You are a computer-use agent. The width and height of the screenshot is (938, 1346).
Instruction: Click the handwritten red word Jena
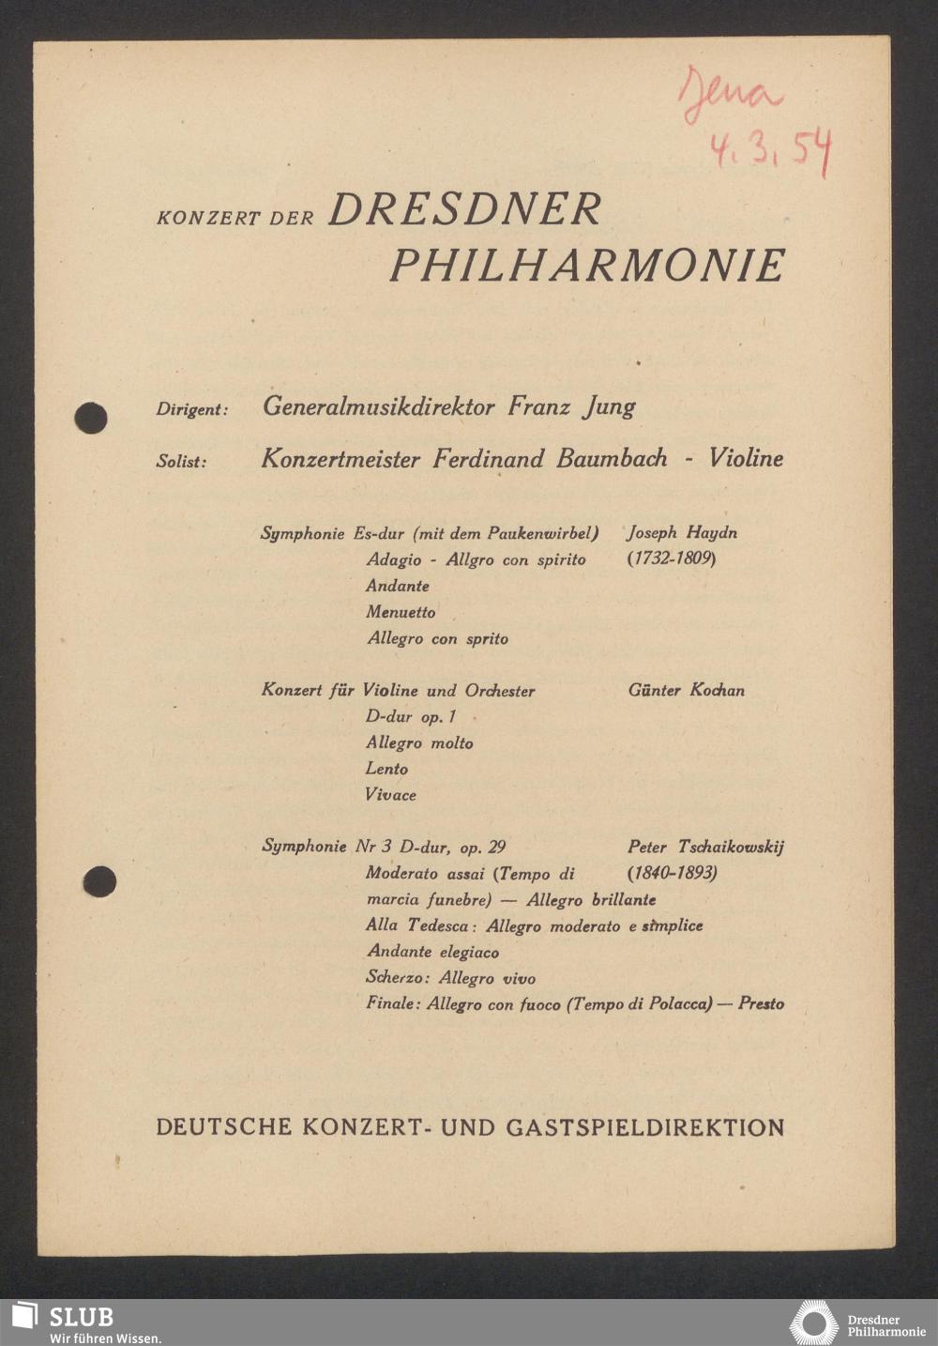pyautogui.click(x=731, y=95)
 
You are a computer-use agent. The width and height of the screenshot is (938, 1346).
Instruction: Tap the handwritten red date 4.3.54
pyautogui.click(x=769, y=150)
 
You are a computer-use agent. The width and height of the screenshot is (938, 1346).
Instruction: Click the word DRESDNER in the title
pyautogui.click(x=464, y=210)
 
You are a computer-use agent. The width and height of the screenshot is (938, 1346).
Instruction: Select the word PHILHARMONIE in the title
pyautogui.click(x=587, y=267)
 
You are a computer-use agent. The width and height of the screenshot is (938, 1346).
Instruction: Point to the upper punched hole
pyautogui.click(x=91, y=418)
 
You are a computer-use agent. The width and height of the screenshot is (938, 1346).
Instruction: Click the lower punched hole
pyautogui.click(x=98, y=881)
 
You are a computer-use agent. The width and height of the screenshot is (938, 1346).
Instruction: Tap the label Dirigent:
pyautogui.click(x=192, y=410)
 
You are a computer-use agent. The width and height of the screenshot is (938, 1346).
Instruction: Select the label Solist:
pyautogui.click(x=181, y=462)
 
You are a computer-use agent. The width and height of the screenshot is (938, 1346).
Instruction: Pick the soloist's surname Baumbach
pyautogui.click(x=612, y=459)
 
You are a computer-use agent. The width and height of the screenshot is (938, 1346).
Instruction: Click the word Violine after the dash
pyautogui.click(x=746, y=459)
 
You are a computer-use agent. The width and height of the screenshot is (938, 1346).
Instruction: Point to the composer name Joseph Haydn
pyautogui.click(x=682, y=533)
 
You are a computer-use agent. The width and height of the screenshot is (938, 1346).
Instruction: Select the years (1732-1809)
pyautogui.click(x=672, y=559)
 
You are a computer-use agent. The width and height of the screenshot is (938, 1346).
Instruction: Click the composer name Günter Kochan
pyautogui.click(x=687, y=691)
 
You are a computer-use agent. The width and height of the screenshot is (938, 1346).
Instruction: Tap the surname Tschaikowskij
pyautogui.click(x=731, y=847)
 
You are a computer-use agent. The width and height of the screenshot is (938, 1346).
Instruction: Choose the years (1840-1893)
pyautogui.click(x=673, y=873)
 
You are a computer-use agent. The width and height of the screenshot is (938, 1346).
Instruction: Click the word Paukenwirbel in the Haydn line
pyautogui.click(x=543, y=534)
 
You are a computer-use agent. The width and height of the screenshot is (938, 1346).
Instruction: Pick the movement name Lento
pyautogui.click(x=386, y=769)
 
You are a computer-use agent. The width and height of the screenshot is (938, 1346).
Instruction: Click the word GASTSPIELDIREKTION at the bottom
pyautogui.click(x=645, y=1127)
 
